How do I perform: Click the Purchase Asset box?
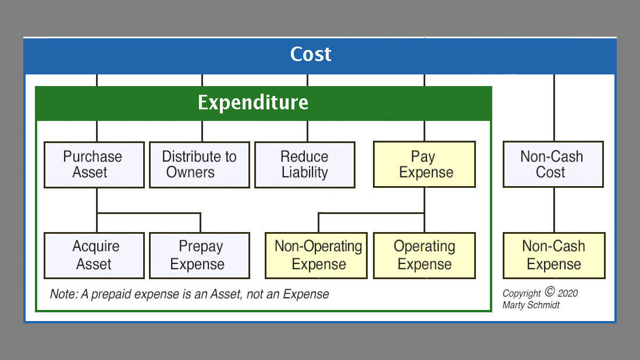point(94,165)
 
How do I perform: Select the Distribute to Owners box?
point(199,165)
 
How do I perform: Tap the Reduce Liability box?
point(305,165)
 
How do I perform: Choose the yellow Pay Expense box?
point(425,165)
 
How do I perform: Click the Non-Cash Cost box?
point(553,165)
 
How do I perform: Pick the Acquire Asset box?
point(94,255)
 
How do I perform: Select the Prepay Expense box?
point(199,255)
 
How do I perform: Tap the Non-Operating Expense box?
point(317,255)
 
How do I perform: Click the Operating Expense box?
point(425,255)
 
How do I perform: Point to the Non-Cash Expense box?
point(554,255)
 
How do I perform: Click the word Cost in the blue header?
point(311,54)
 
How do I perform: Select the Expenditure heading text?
point(253,102)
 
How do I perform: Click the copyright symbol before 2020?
point(550,291)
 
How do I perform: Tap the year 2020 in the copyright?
point(567,293)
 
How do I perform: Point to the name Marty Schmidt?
point(531,305)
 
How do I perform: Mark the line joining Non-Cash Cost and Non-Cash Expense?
point(554,210)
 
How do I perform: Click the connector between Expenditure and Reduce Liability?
point(307,131)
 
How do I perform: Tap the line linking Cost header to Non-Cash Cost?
point(554,108)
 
